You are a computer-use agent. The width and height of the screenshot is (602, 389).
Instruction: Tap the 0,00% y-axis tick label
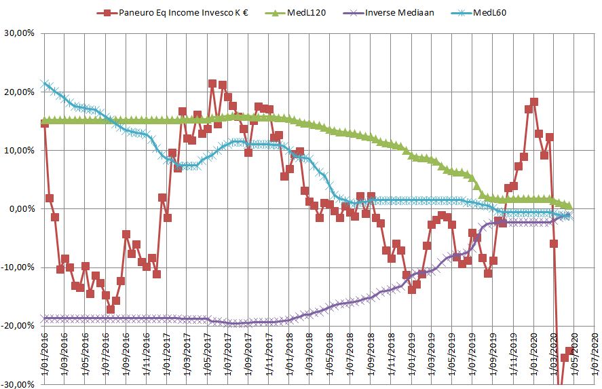[20, 209]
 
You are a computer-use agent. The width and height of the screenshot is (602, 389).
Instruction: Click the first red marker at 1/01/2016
[45, 123]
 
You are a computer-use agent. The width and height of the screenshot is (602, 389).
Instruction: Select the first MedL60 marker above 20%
[45, 84]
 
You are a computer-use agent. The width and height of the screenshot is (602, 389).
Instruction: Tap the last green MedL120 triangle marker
[569, 206]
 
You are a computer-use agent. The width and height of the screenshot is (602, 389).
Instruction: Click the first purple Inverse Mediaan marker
[45, 318]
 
